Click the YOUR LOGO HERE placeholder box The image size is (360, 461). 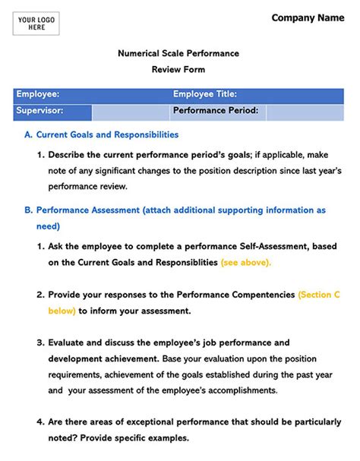pos(36,25)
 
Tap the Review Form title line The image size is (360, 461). pos(178,69)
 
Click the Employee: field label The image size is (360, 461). pos(38,95)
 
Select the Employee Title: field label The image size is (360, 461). pos(205,95)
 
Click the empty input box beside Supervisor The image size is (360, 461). pos(129,112)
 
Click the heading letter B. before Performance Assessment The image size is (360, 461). pos(29,209)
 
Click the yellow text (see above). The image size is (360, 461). pos(245,263)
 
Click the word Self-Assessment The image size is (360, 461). pos(260,247)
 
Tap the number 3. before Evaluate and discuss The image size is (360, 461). pos(42,343)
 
